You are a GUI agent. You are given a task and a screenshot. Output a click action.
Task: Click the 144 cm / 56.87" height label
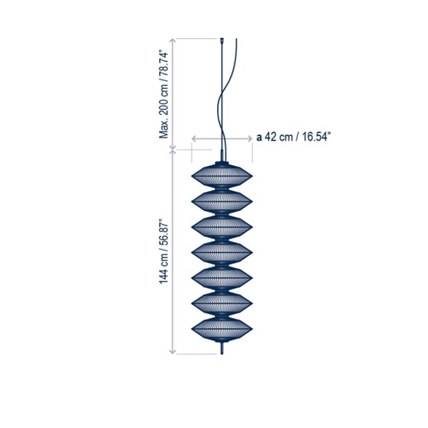[164, 251]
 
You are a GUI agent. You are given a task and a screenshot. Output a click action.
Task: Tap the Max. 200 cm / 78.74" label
[164, 94]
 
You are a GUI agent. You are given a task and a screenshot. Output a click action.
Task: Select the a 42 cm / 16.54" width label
[292, 137]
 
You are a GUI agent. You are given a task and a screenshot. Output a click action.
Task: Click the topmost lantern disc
[222, 176]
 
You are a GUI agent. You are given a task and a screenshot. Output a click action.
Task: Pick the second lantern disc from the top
[222, 202]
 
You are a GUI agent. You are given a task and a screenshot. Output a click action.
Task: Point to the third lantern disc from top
[222, 227]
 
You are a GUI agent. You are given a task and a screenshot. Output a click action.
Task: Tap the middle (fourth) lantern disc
[222, 252]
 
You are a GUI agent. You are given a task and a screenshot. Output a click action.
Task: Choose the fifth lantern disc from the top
[222, 278]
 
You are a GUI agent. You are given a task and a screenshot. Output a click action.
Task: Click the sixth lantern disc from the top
[222, 303]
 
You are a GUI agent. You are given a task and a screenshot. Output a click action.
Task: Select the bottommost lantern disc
[222, 329]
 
